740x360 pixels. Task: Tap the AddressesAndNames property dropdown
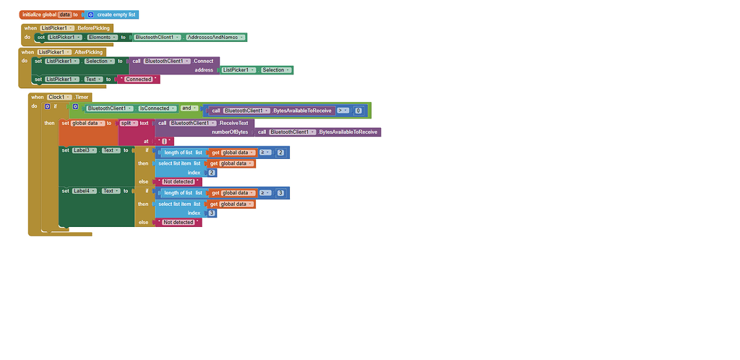click(215, 38)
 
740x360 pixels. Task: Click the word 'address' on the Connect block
click(205, 70)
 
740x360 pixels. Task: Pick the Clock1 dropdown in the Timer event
click(61, 97)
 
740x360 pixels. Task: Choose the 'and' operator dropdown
click(188, 108)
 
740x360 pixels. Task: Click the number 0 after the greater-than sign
click(358, 111)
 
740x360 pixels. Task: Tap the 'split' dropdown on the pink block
click(129, 124)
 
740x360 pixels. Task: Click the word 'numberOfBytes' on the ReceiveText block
click(230, 132)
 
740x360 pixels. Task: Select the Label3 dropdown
click(84, 150)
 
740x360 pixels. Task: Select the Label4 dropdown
click(84, 191)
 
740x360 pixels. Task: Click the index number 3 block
click(212, 213)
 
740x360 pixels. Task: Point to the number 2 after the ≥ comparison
click(280, 153)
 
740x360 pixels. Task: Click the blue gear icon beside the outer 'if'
click(47, 106)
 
